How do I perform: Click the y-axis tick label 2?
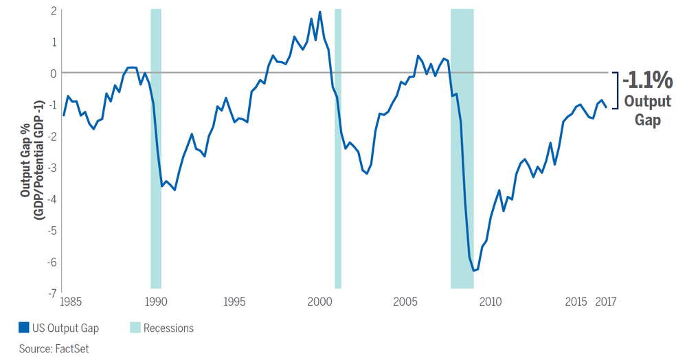(x=52, y=10)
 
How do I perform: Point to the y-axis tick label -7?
(x=51, y=293)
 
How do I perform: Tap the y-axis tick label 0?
(x=52, y=73)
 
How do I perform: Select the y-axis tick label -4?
(x=51, y=199)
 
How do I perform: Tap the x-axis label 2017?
(x=605, y=302)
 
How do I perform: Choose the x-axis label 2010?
(x=489, y=302)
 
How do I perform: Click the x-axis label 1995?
(x=235, y=302)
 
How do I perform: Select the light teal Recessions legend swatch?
(x=134, y=328)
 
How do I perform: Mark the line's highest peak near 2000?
(x=320, y=12)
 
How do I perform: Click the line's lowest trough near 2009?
(x=473, y=271)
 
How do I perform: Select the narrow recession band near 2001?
(x=337, y=148)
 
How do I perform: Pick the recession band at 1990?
(x=156, y=148)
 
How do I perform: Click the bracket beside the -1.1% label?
(x=616, y=89)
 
